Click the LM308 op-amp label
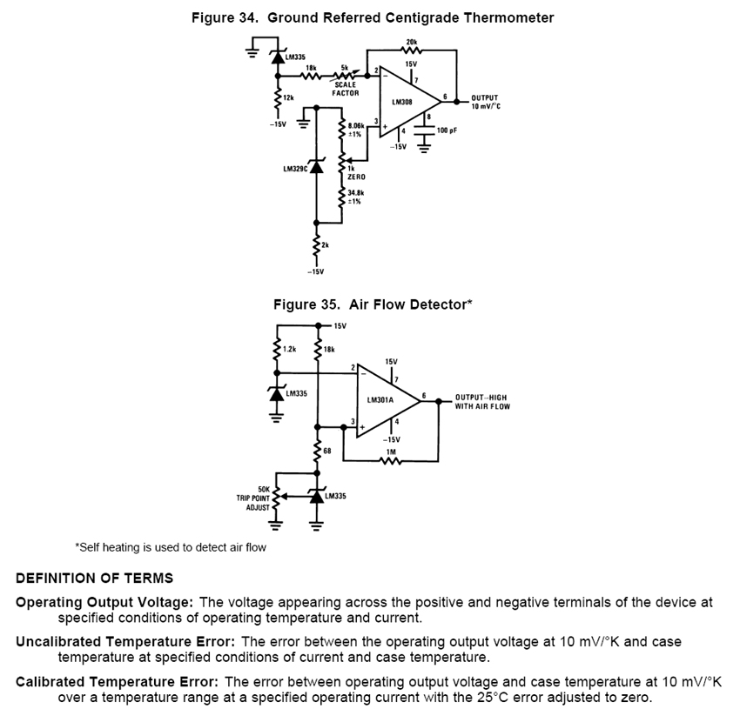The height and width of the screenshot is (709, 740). click(401, 102)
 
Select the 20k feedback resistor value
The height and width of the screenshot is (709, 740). click(411, 41)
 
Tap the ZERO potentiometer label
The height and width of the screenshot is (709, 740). click(355, 177)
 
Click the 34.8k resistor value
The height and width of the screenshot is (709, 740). click(355, 191)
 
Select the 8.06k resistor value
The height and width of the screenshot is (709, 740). click(357, 125)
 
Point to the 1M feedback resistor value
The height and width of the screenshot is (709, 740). click(391, 451)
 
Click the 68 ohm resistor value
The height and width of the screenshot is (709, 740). click(327, 450)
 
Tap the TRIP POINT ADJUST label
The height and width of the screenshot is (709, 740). click(253, 498)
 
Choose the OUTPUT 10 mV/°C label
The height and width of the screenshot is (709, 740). click(487, 102)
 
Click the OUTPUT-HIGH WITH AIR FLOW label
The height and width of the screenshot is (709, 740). click(482, 401)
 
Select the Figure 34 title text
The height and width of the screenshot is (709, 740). click(373, 17)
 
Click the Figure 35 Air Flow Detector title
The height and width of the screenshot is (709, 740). click(373, 304)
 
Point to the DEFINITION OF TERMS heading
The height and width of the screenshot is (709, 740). click(94, 578)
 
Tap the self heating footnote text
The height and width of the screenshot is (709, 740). click(171, 547)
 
